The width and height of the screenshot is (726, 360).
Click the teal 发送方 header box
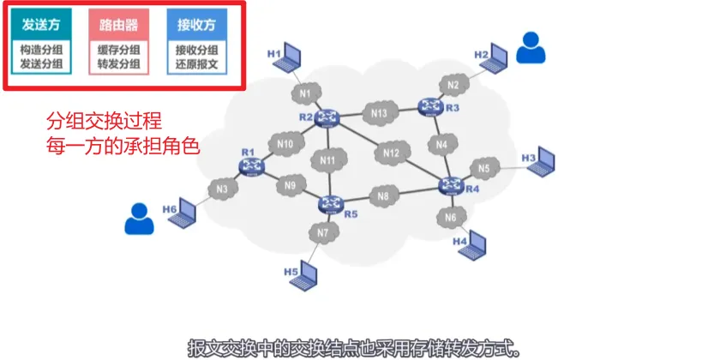(x=41, y=25)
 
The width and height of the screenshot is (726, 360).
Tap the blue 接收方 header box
(x=196, y=25)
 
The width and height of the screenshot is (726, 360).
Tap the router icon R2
(x=327, y=117)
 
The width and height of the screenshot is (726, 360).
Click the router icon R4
(x=449, y=185)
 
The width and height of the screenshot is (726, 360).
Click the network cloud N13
(x=380, y=113)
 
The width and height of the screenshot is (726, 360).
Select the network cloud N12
(x=391, y=153)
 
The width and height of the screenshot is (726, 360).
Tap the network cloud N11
(x=327, y=159)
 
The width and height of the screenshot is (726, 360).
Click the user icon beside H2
(x=532, y=47)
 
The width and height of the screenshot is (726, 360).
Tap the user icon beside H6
(x=137, y=219)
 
